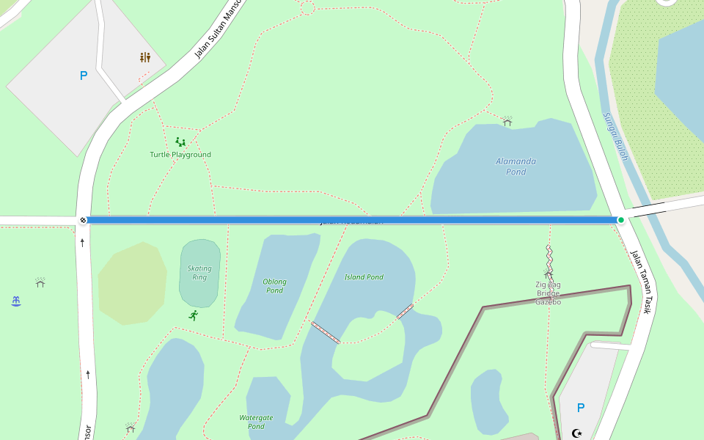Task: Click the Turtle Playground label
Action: click(180, 155)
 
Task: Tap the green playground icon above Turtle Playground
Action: click(180, 142)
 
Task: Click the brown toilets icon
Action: click(145, 57)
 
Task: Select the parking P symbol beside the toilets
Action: click(84, 76)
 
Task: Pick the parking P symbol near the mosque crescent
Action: click(581, 408)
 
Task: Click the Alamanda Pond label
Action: click(516, 166)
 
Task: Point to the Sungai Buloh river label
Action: click(615, 136)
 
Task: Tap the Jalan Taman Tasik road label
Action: click(641, 282)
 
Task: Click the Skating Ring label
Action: click(199, 273)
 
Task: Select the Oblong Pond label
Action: click(274, 286)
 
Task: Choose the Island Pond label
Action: click(364, 277)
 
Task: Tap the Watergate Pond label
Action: click(256, 422)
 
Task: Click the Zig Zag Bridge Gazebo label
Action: click(548, 293)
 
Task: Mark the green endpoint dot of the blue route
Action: click(621, 220)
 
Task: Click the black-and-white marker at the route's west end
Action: click(83, 220)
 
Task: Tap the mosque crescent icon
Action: click(577, 433)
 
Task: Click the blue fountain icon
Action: click(16, 301)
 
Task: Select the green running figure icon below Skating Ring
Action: click(194, 315)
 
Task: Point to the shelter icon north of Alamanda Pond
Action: click(507, 120)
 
